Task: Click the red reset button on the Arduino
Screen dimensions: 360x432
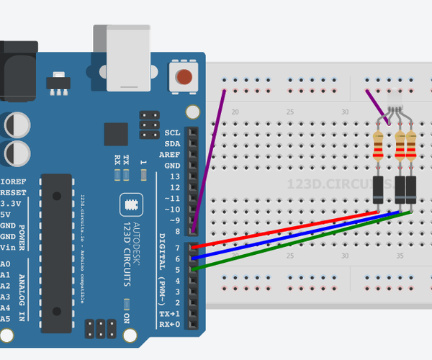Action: pyautogui.click(x=184, y=78)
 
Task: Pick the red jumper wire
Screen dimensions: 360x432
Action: pyautogui.click(x=288, y=229)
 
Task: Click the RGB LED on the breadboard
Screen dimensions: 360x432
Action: pyautogui.click(x=394, y=101)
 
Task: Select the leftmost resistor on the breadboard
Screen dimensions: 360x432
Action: pyautogui.click(x=379, y=146)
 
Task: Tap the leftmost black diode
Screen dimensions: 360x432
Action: pyautogui.click(x=378, y=190)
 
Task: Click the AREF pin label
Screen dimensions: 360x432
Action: pyautogui.click(x=170, y=155)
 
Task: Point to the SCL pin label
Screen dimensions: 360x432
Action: pyautogui.click(x=172, y=133)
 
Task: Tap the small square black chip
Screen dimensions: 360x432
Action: pyautogui.click(x=116, y=135)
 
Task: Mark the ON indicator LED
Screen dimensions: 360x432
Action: pyautogui.click(x=127, y=304)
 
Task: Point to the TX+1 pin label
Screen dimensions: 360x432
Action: pyautogui.click(x=170, y=314)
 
